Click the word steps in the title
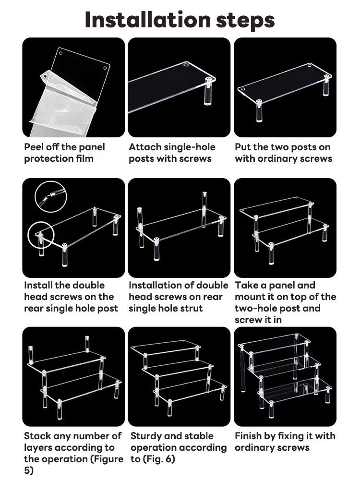(245, 21)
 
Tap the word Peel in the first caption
(34, 147)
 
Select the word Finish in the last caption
(249, 436)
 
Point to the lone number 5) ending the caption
(29, 471)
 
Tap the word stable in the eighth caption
(199, 436)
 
